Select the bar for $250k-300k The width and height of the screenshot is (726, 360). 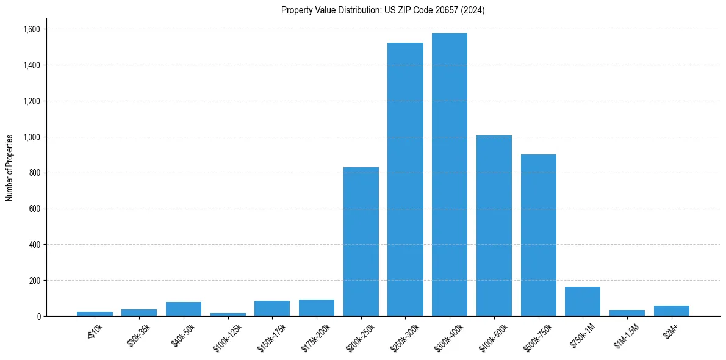[x=405, y=179]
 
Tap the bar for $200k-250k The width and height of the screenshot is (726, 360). [x=361, y=242]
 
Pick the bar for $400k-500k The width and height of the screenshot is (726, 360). [x=494, y=226]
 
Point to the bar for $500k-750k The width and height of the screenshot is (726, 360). [x=539, y=235]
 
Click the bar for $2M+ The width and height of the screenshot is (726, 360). [x=672, y=311]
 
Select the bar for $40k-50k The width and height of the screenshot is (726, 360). [x=183, y=309]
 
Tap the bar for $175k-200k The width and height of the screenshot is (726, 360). [x=316, y=308]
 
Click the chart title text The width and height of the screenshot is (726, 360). [x=383, y=10]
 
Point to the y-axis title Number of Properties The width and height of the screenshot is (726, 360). [x=10, y=167]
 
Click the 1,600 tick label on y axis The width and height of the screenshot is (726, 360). [x=31, y=29]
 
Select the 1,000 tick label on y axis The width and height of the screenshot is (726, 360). [x=31, y=137]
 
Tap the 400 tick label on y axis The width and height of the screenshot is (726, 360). [x=35, y=245]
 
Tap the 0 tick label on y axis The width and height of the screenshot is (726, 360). [x=38, y=317]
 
